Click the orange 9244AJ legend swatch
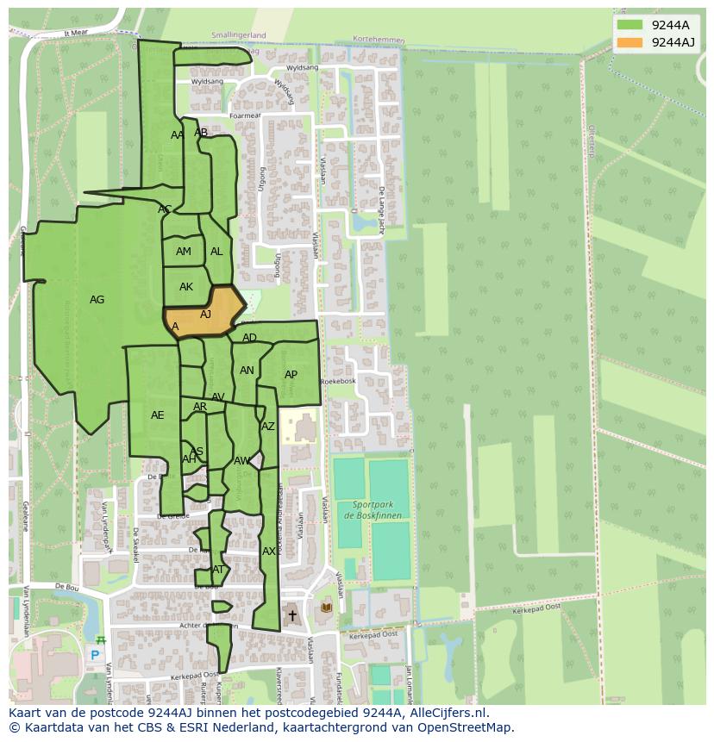[x=629, y=42]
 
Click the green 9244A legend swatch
[x=629, y=25]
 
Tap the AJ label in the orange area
[x=205, y=315]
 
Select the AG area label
[x=97, y=300]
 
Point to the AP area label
[x=291, y=375]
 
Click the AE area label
[x=157, y=415]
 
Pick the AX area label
[x=269, y=552]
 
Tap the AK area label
[x=186, y=287]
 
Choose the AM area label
[x=184, y=252]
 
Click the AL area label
[x=216, y=252]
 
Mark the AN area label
[x=247, y=371]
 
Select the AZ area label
[x=268, y=427]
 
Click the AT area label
[x=218, y=570]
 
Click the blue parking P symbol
[x=95, y=655]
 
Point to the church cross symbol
[x=292, y=615]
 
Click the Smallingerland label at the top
[x=239, y=35]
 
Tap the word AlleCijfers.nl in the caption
[x=449, y=713]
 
